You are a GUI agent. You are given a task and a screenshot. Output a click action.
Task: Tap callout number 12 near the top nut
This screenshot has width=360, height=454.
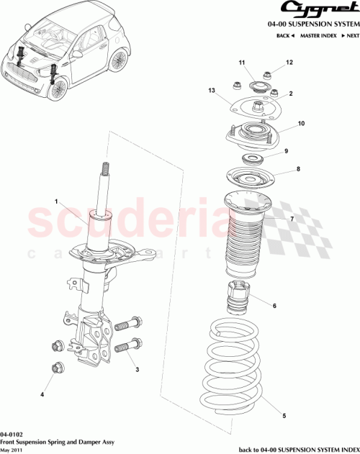click(x=290, y=63)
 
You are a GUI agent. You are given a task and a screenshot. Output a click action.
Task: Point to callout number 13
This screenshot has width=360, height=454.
click(x=212, y=91)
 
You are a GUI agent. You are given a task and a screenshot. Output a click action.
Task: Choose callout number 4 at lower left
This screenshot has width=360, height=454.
click(x=42, y=394)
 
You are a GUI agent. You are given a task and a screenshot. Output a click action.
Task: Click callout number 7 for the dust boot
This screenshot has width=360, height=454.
click(x=291, y=219)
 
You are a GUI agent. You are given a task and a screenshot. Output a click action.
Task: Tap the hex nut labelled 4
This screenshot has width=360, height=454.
click(x=58, y=369)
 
